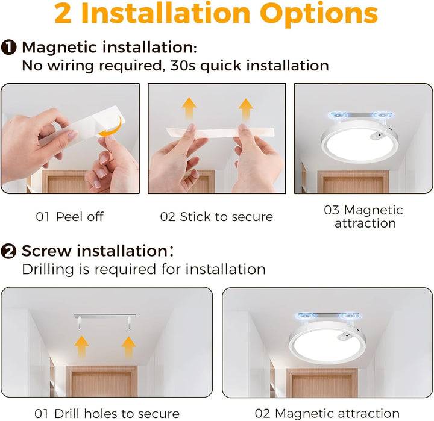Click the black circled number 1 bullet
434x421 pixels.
pos(8,48)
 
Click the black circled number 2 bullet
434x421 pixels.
pos(8,251)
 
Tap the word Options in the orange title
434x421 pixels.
pos(319,14)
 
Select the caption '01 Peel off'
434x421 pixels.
pos(70,217)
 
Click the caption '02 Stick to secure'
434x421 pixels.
pos(216,217)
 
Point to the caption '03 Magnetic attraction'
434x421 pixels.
pos(363,217)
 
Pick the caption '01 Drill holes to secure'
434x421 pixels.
pos(107,414)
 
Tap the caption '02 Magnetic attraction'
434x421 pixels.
pos(327,414)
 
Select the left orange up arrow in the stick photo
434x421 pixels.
pos(189,108)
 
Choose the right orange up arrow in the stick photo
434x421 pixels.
pos(246,110)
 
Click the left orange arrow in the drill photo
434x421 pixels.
pos(81,347)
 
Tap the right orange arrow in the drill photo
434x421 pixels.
pos(128,347)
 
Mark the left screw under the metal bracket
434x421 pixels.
pos(80,323)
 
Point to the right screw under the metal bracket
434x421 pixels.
pos(129,323)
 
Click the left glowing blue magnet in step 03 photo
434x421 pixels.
pos(338,115)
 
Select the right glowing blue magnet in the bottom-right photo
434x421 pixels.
pos(350,316)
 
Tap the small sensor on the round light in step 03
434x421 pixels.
pos(376,136)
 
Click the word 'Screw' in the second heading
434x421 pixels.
pos(46,251)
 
